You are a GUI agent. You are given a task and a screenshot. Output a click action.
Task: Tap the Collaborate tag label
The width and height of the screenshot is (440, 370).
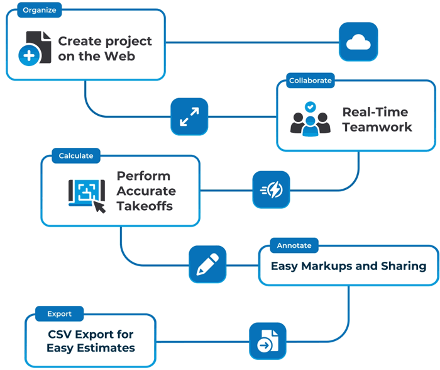pyautogui.click(x=310, y=81)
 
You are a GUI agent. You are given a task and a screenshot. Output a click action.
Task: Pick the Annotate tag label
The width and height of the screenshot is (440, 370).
pyautogui.click(x=294, y=245)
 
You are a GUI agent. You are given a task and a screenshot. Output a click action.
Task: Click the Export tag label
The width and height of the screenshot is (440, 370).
pyautogui.click(x=59, y=313)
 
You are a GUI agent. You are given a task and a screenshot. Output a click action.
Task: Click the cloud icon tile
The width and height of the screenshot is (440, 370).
pyautogui.click(x=358, y=42)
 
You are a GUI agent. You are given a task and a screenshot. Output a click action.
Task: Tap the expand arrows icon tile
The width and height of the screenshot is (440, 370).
pyautogui.click(x=189, y=116)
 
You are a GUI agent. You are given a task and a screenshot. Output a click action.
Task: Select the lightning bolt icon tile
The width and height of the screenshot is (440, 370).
pyautogui.click(x=271, y=189)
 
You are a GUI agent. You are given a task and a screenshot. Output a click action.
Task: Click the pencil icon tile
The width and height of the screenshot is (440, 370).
pyautogui.click(x=207, y=264)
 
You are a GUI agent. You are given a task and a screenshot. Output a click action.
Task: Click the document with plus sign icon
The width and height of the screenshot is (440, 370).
pyautogui.click(x=35, y=48)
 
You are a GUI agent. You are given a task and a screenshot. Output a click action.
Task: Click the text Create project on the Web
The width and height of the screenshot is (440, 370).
pyautogui.click(x=105, y=48)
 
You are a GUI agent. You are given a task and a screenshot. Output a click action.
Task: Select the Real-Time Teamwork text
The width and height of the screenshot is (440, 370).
pyautogui.click(x=377, y=120)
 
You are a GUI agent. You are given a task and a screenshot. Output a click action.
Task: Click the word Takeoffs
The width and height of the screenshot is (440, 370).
pyautogui.click(x=145, y=206)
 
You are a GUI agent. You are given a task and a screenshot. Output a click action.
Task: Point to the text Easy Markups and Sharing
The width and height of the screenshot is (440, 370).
pyautogui.click(x=348, y=266)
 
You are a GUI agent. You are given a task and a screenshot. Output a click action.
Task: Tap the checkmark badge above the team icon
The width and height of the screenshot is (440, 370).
pyautogui.click(x=310, y=107)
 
